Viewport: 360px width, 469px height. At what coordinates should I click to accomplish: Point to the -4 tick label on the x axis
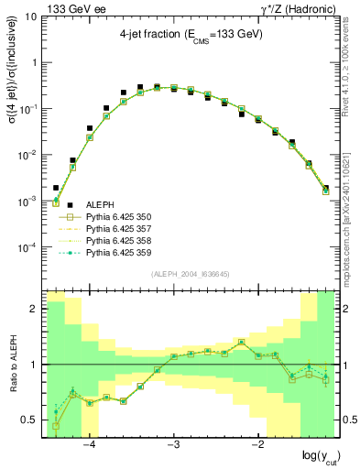click(90, 445)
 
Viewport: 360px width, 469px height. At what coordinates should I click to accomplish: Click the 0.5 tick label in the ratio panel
click(32, 420)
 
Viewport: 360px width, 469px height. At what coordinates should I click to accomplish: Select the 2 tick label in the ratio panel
click(37, 309)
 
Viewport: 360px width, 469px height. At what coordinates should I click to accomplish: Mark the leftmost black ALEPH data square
click(56, 188)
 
